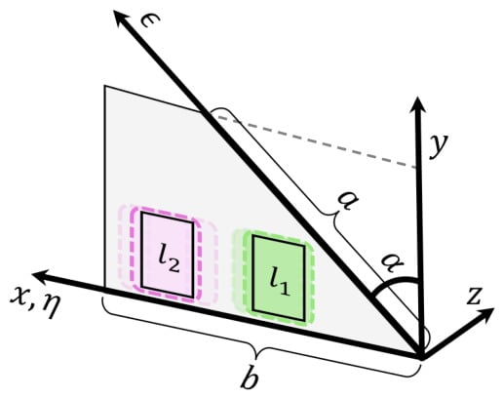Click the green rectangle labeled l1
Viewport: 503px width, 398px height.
click(x=279, y=278)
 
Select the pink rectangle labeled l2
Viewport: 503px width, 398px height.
click(x=168, y=255)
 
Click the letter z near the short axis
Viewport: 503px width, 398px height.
click(x=474, y=296)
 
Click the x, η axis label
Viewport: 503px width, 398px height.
click(x=35, y=300)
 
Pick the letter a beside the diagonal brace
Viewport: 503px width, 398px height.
click(x=348, y=201)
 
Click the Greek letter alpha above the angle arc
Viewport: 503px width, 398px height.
click(x=392, y=264)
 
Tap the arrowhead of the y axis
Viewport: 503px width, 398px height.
click(x=417, y=104)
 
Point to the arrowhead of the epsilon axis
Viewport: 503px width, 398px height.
click(x=122, y=19)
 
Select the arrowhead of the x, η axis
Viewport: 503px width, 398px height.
click(x=42, y=276)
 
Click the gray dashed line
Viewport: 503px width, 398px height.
click(x=317, y=142)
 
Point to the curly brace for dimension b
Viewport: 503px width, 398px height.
click(x=256, y=352)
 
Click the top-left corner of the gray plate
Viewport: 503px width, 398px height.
click(x=104, y=86)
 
